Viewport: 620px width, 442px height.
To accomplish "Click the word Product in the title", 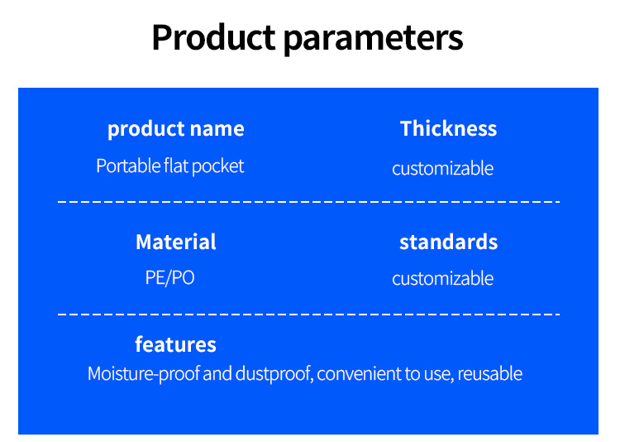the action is coord(213,37).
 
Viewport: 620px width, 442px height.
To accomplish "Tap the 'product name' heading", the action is coord(176,129).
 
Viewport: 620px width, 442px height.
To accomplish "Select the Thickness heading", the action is coord(448,128).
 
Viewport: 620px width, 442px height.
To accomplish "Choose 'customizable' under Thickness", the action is coord(442,168).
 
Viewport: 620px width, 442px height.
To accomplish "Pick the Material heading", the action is coord(176,242).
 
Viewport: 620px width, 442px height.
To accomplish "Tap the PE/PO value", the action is coord(170,277).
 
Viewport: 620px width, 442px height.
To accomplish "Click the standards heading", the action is coord(448,242).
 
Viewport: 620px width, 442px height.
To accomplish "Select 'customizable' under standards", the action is coord(442,278).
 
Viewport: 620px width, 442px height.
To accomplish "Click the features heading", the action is coord(175,344).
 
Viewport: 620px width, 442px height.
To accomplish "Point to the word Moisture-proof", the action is coord(144,374).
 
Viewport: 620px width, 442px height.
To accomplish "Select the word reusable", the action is coord(490,374).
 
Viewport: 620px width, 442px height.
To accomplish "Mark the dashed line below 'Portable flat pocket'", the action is coord(309,202).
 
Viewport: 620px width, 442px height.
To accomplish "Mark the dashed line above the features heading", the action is coord(309,314).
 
